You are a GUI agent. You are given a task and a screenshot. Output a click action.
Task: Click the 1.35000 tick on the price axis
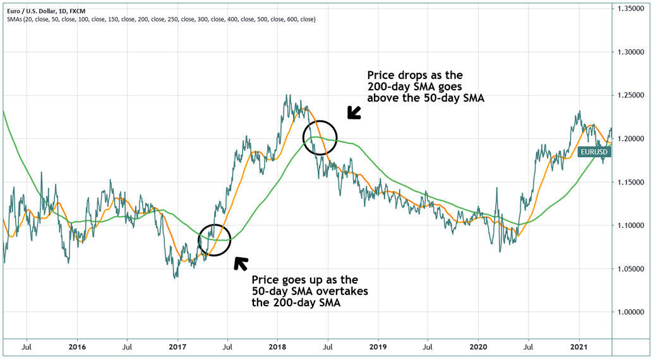pyautogui.click(x=633, y=8)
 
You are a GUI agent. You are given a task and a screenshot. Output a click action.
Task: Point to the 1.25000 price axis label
pyautogui.click(x=633, y=95)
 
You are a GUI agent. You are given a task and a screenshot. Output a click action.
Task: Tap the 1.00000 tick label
pyautogui.click(x=633, y=312)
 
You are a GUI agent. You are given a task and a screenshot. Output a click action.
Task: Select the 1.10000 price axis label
pyautogui.click(x=633, y=225)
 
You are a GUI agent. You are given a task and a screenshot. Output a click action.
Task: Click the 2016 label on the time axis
pyautogui.click(x=76, y=347)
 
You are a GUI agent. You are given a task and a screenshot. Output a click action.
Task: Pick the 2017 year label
pyautogui.click(x=177, y=347)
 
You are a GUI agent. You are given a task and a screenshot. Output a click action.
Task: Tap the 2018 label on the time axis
pyautogui.click(x=277, y=347)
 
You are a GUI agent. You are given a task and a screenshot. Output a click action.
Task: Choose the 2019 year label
pyautogui.click(x=378, y=347)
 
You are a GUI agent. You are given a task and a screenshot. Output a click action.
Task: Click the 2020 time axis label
pyautogui.click(x=478, y=347)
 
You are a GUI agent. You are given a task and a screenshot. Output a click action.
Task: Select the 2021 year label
pyautogui.click(x=578, y=347)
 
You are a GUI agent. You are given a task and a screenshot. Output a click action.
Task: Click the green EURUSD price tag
pyautogui.click(x=594, y=152)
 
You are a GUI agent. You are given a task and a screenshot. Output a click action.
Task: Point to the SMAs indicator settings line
pyautogui.click(x=161, y=19)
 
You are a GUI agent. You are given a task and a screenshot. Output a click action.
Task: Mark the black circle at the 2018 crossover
pyautogui.click(x=320, y=137)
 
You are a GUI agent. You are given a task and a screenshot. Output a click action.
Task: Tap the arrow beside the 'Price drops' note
pyautogui.click(x=354, y=112)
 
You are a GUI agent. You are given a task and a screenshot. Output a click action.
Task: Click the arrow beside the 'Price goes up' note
pyautogui.click(x=241, y=263)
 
